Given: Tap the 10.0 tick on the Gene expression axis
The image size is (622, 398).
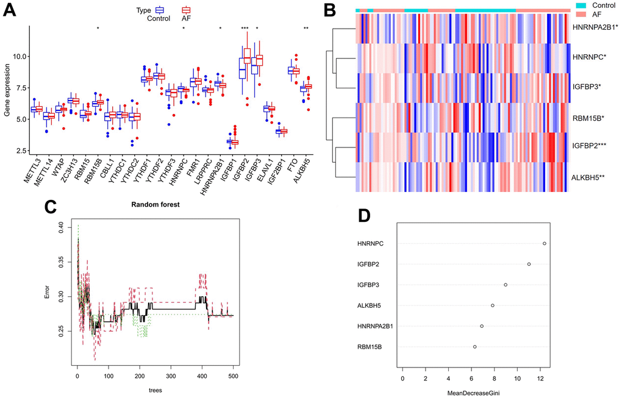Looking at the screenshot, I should pyautogui.click(x=21, y=56).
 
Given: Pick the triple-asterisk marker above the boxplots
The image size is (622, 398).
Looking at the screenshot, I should pyautogui.click(x=245, y=28).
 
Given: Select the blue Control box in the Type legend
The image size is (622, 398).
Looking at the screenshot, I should pyautogui.click(x=160, y=9).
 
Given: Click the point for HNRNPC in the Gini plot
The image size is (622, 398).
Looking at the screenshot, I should pyautogui.click(x=544, y=243).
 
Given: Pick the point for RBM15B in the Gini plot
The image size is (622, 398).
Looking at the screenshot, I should pyautogui.click(x=474, y=347).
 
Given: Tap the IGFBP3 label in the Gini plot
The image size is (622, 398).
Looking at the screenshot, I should pyautogui.click(x=370, y=285).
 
